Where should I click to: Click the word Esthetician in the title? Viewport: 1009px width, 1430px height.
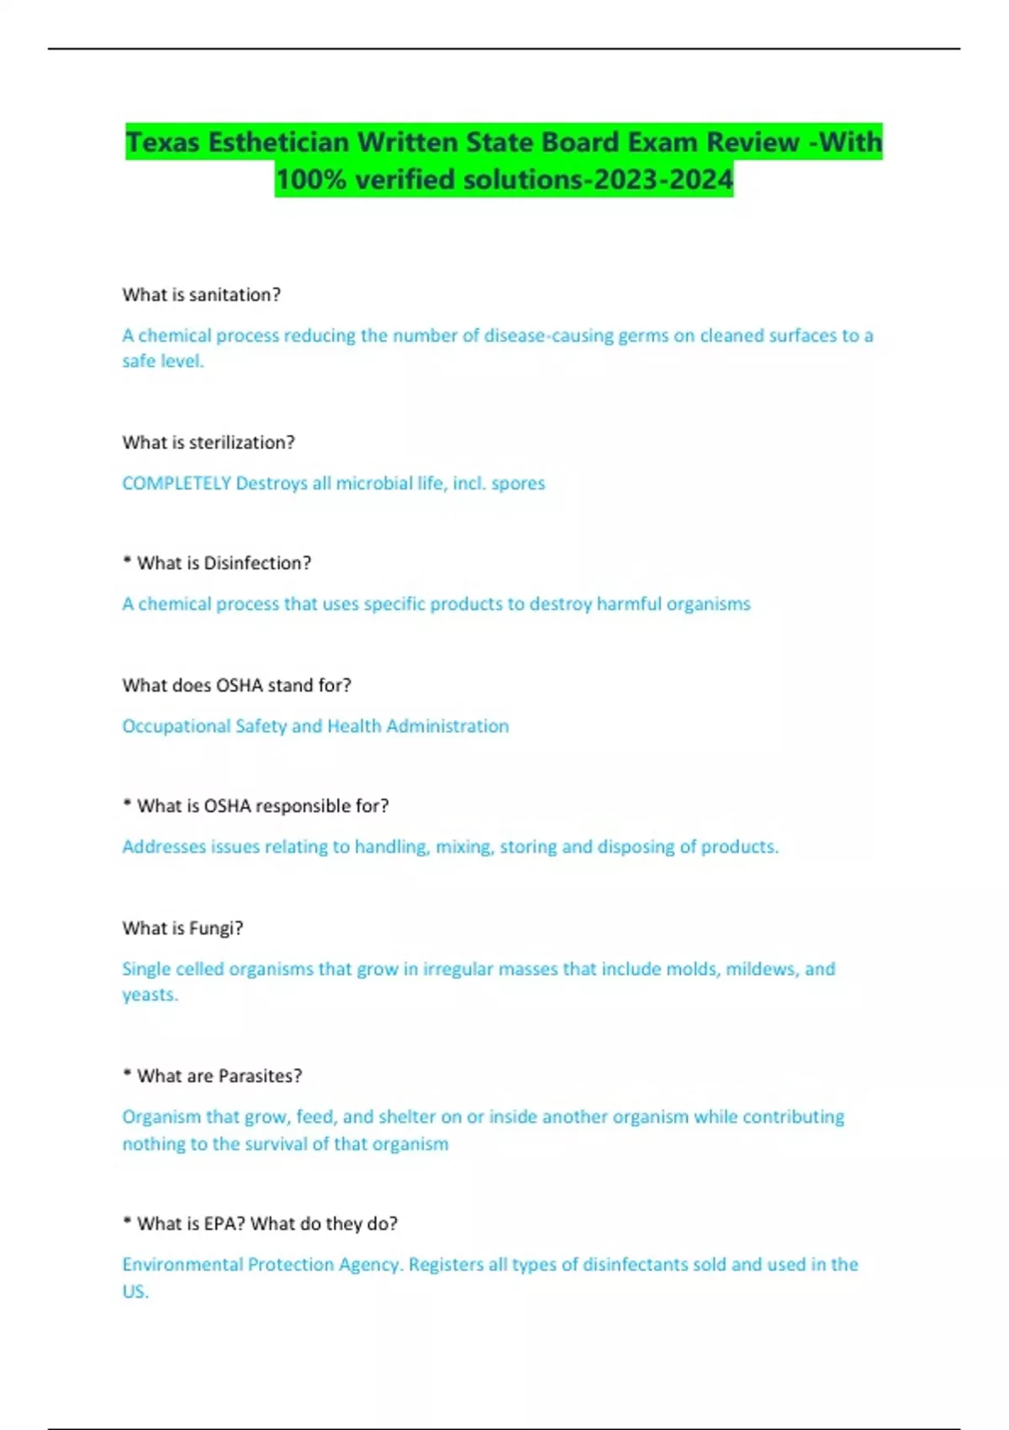click(278, 142)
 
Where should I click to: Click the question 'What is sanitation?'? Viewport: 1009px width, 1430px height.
click(201, 294)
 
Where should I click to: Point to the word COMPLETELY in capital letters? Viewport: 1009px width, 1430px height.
click(177, 483)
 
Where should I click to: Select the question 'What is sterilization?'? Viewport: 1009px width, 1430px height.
click(209, 442)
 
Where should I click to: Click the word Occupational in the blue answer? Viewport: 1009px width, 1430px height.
click(176, 726)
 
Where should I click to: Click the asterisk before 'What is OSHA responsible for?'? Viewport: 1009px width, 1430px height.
click(127, 803)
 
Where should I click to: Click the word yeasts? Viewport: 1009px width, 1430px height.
click(150, 994)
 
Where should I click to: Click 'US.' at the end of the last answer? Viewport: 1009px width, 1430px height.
click(135, 1291)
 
